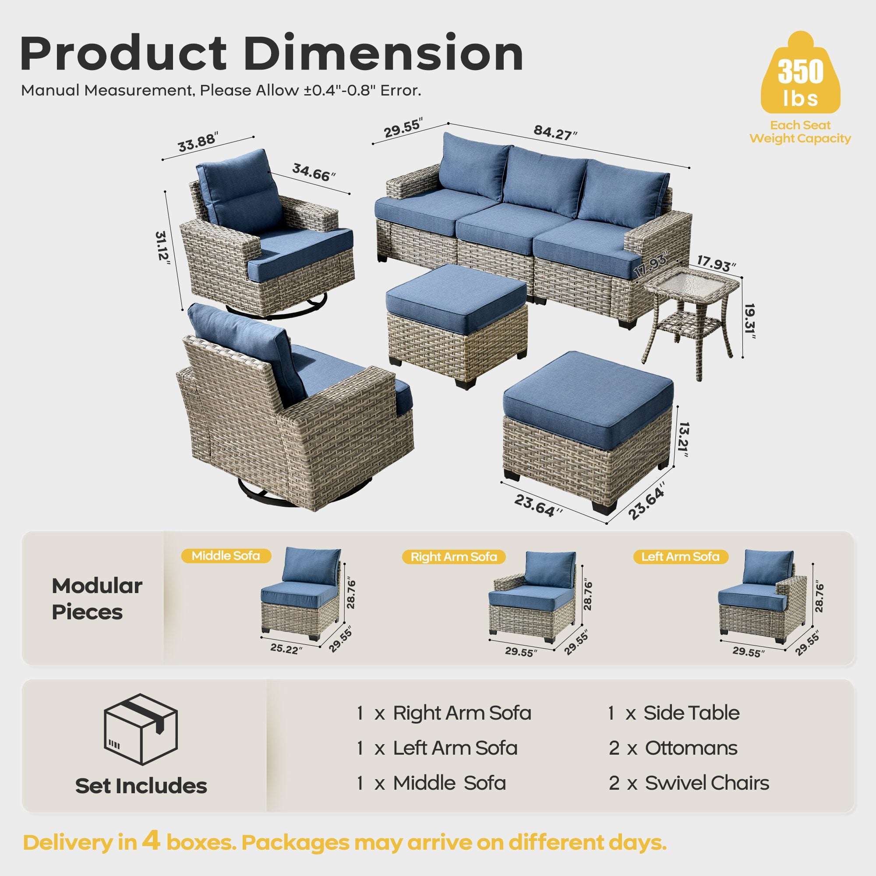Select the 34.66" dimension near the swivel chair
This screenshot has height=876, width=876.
pyautogui.click(x=314, y=173)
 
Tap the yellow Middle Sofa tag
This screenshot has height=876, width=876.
pyautogui.click(x=226, y=556)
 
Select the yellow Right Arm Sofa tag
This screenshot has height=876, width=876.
pyautogui.click(x=453, y=557)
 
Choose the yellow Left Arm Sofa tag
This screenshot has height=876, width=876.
pyautogui.click(x=680, y=556)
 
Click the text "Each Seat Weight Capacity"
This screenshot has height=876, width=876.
pyautogui.click(x=800, y=132)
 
